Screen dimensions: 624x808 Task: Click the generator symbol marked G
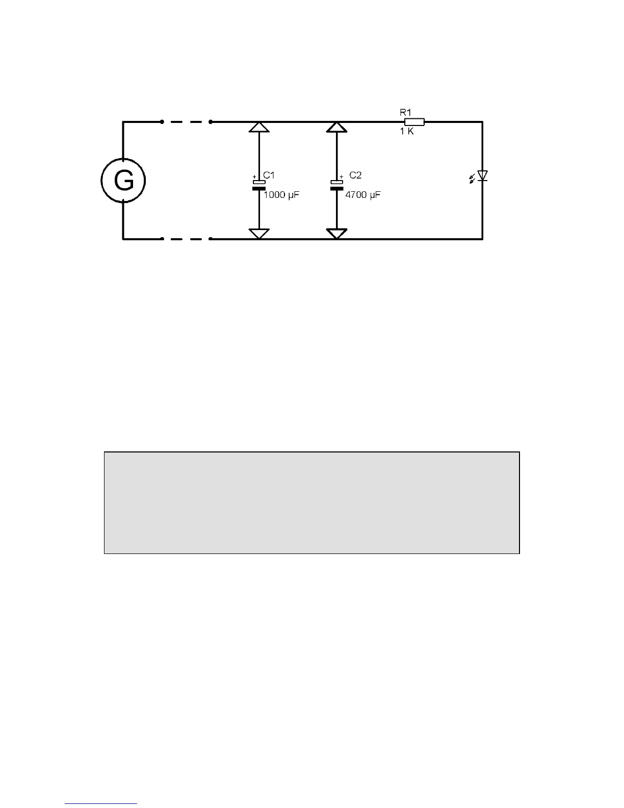coord(123,181)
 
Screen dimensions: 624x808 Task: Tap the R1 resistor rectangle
coord(414,122)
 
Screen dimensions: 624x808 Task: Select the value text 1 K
coord(407,132)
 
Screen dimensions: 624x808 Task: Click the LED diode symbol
coord(482,176)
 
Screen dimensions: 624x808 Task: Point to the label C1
coord(269,175)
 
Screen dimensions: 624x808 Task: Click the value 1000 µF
coord(281,195)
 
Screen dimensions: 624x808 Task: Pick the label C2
coord(355,175)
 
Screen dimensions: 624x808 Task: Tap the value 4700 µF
coord(362,195)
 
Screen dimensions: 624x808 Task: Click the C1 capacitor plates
coord(259,185)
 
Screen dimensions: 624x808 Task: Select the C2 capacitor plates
coord(336,185)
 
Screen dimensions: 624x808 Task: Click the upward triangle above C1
coord(259,127)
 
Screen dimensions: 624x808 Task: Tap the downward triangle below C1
coord(259,234)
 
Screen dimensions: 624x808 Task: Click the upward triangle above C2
coord(336,127)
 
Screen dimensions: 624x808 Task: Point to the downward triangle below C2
coord(336,234)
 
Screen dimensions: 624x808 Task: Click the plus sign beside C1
coord(254,176)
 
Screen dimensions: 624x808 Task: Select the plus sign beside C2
coord(341,176)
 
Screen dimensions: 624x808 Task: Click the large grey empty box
coord(311,502)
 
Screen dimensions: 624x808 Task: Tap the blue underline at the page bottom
coord(101,804)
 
